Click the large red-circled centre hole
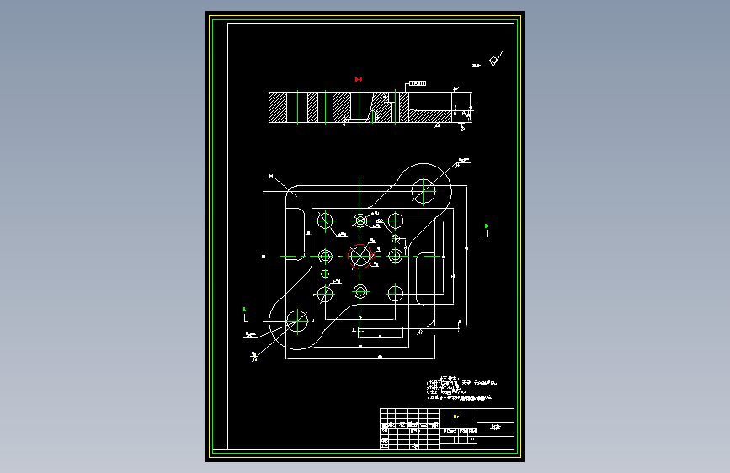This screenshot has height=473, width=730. pyautogui.click(x=361, y=255)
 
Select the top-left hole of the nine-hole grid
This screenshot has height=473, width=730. pyautogui.click(x=325, y=221)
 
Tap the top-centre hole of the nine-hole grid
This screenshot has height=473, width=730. pyautogui.click(x=361, y=221)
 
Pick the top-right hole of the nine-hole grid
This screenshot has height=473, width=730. pyautogui.click(x=396, y=221)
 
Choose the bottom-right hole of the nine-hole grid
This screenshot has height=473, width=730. pyautogui.click(x=396, y=294)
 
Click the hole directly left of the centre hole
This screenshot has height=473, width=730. pyautogui.click(x=325, y=256)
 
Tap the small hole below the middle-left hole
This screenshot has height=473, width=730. pyautogui.click(x=325, y=274)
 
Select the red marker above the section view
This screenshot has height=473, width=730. pyautogui.click(x=359, y=80)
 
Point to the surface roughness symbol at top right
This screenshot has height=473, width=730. pyautogui.click(x=495, y=61)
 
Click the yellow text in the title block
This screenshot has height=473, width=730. pyautogui.click(x=456, y=417)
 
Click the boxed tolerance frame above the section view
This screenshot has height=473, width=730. pyautogui.click(x=418, y=83)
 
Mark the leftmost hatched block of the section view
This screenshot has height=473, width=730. pyautogui.click(x=278, y=108)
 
